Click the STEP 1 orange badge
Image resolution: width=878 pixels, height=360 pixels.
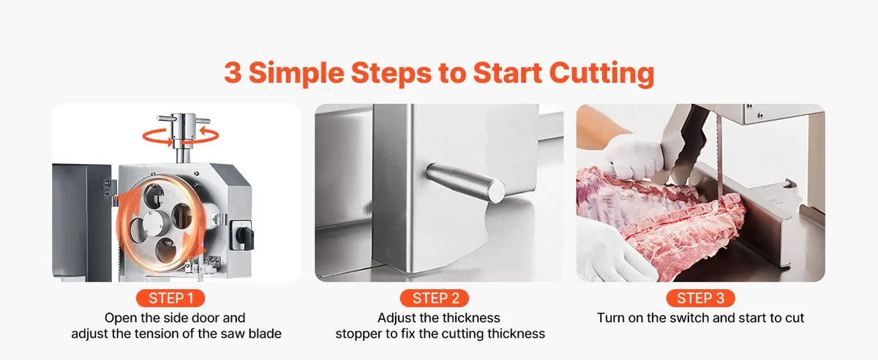pyautogui.click(x=170, y=299)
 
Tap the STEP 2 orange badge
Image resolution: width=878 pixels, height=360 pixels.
pyautogui.click(x=435, y=299)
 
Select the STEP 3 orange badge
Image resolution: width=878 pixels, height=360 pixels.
pyautogui.click(x=700, y=299)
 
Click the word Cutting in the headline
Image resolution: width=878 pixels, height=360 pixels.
pyautogui.click(x=601, y=73)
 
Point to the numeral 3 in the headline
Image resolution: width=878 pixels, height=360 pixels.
pyautogui.click(x=233, y=72)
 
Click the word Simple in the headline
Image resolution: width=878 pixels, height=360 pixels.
pyautogui.click(x=296, y=74)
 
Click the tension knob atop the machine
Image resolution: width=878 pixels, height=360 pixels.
pyautogui.click(x=183, y=130)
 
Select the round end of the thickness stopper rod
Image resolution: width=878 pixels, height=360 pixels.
pyautogui.click(x=496, y=191)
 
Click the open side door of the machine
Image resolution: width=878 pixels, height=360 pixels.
pyautogui.click(x=80, y=222)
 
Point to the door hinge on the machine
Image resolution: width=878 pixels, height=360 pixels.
pyautogui.click(x=109, y=188)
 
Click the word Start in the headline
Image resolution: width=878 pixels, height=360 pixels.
pyautogui.click(x=507, y=73)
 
